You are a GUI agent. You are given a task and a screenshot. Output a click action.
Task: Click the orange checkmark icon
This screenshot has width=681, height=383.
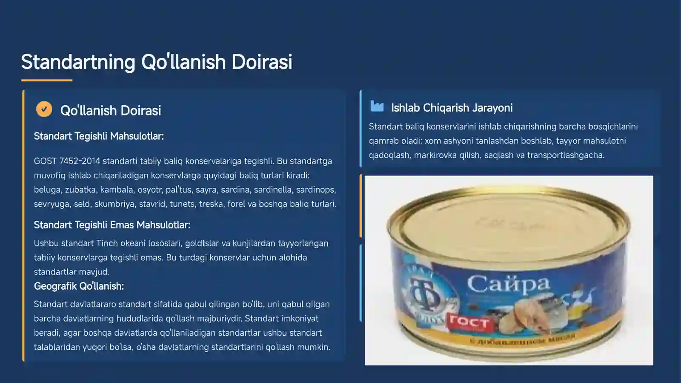(44, 109)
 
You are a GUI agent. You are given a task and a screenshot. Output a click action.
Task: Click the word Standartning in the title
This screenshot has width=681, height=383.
(78, 62)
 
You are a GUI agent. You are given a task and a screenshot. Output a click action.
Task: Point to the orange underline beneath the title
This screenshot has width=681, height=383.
(47, 80)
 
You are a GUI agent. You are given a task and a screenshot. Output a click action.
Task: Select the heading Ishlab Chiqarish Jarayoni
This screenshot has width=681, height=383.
(452, 108)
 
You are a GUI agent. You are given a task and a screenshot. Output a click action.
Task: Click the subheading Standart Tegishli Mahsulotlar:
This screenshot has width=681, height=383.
(99, 136)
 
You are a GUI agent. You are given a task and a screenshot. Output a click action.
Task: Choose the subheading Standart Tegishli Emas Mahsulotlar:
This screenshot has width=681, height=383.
(112, 225)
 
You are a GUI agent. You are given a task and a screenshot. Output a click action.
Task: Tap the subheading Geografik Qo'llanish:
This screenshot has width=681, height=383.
(79, 286)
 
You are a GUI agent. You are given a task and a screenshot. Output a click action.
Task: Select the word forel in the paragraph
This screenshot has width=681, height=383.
(236, 204)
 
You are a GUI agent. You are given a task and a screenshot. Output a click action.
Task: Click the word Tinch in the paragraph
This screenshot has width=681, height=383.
(107, 243)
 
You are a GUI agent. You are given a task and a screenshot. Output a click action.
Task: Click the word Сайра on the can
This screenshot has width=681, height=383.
(508, 284)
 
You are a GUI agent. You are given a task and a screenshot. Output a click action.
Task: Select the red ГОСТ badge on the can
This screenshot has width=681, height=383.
(469, 323)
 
